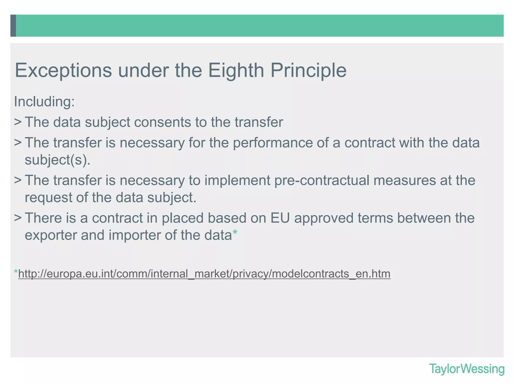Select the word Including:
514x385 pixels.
pos(44,102)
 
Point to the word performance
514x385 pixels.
pos(273,143)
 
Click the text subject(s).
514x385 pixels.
pos(57,160)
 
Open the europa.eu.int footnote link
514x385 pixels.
pos(204,274)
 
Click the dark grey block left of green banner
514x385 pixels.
pos(13,26)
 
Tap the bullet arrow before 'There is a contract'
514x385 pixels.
pos(18,218)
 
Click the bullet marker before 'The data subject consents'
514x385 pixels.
pos(18,122)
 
